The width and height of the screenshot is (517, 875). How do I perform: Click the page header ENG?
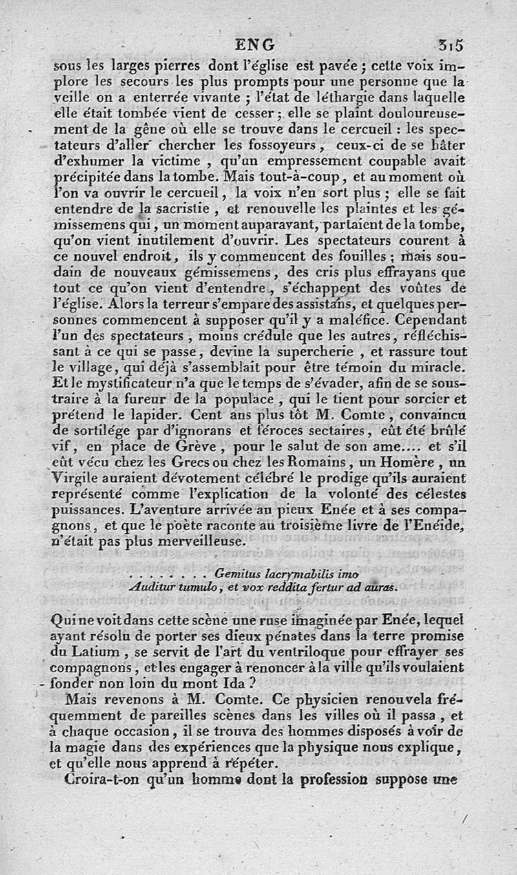(255, 45)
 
